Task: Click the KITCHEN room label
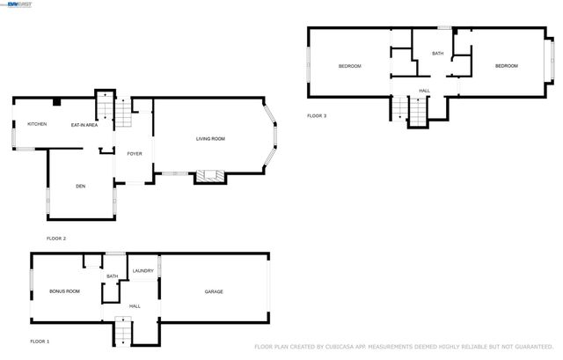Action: point(37,124)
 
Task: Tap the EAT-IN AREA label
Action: point(84,125)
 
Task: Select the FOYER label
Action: point(135,153)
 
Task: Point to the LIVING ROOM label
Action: point(210,138)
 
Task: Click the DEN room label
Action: point(80,186)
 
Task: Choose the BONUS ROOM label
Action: point(65,290)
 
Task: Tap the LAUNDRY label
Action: point(143,270)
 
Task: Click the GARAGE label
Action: point(214,291)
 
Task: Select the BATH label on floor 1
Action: point(113,276)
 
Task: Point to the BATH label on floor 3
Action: point(437,54)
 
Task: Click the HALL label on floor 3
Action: point(424,91)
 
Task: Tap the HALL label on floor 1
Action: point(135,305)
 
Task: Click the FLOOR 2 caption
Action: point(56,239)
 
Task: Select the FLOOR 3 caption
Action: point(317,116)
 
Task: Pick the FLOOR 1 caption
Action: point(40,341)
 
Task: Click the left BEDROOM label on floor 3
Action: point(350,66)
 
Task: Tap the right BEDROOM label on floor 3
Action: point(506,66)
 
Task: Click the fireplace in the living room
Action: point(207,177)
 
